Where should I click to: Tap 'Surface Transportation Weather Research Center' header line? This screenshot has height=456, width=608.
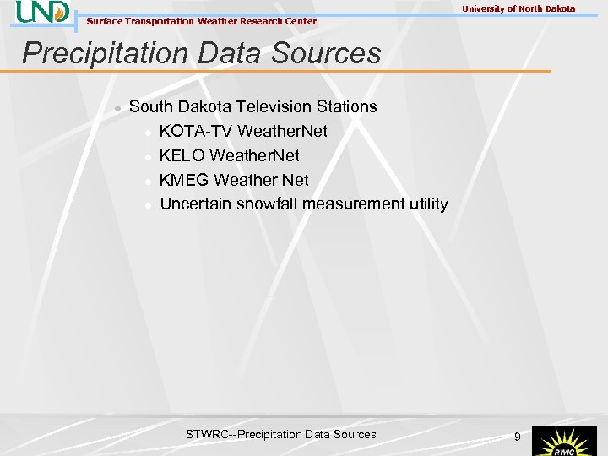(202, 21)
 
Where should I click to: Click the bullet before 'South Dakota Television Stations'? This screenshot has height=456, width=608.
(117, 107)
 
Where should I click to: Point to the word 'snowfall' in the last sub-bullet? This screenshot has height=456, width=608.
(267, 204)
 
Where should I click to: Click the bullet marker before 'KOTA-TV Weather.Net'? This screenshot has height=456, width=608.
(148, 132)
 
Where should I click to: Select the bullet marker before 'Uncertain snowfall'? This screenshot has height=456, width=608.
(148, 205)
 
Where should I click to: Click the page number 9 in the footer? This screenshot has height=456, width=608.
(518, 437)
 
